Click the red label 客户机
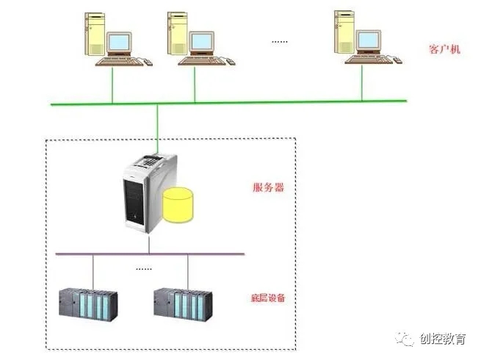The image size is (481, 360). (444, 49)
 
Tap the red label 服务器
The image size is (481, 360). (269, 187)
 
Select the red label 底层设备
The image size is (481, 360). (267, 298)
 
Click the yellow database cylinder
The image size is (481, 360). (180, 205)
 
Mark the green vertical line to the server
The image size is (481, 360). (157, 125)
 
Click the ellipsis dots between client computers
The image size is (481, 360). (280, 41)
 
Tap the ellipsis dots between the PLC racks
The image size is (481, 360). (143, 269)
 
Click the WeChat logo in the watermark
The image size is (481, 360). (405, 339)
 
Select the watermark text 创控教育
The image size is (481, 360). (443, 339)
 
